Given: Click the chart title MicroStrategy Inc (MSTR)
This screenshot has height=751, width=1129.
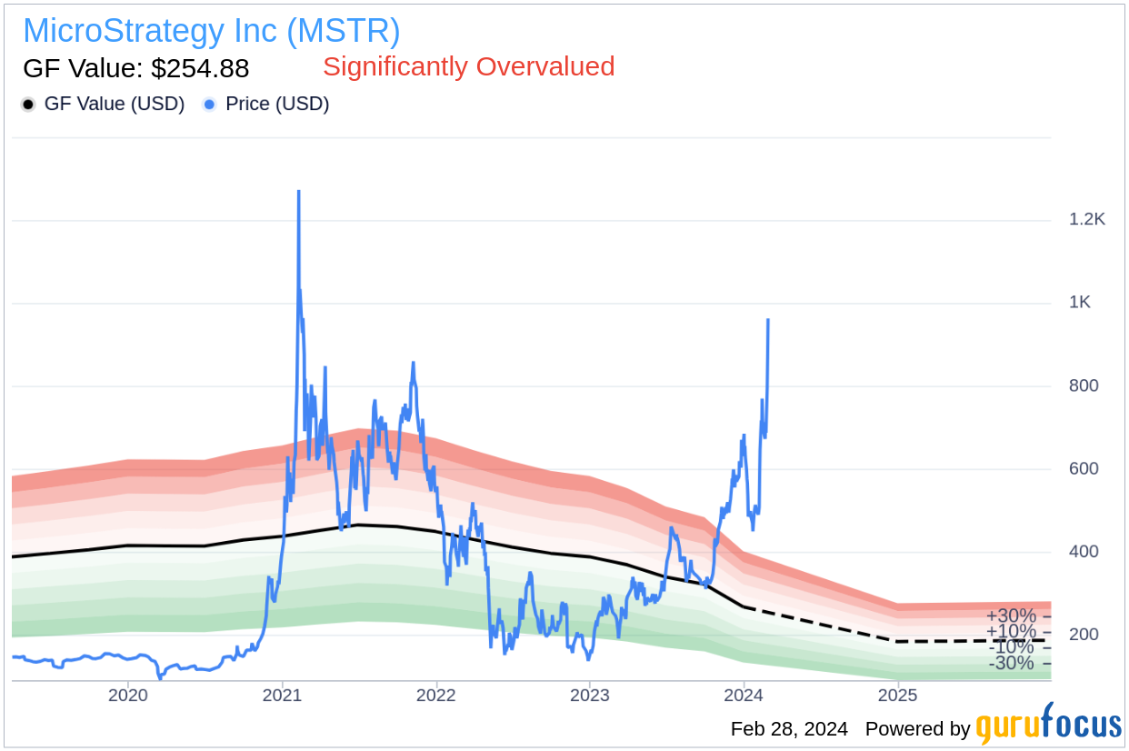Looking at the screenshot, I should click(x=211, y=31).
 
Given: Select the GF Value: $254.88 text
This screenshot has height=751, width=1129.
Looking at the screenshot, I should click(x=135, y=68).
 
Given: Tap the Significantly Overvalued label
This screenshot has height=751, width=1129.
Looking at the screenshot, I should click(x=468, y=66).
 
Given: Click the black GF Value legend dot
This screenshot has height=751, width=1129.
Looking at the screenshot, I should click(x=29, y=105).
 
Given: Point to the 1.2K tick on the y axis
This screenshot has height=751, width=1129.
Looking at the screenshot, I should click(x=1087, y=220).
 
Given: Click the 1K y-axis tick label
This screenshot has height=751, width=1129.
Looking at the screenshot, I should click(x=1080, y=303).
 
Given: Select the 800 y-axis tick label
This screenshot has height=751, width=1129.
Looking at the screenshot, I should click(x=1084, y=386).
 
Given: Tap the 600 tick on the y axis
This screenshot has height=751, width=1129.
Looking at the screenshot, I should click(x=1084, y=468).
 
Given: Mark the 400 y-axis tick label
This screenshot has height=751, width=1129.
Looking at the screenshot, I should click(x=1084, y=551).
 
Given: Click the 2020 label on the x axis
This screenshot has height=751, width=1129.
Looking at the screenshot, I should click(x=127, y=696).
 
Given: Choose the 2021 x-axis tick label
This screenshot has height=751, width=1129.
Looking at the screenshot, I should click(x=282, y=696).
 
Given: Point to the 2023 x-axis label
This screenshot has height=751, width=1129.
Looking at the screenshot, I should click(x=589, y=696).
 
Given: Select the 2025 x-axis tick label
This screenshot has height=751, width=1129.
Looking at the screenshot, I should click(x=898, y=696).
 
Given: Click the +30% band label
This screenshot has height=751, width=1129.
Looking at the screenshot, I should click(x=1011, y=616).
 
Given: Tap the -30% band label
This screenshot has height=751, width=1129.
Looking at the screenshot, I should click(x=1011, y=663).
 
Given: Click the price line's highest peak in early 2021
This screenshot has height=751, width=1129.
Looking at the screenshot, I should click(x=298, y=192).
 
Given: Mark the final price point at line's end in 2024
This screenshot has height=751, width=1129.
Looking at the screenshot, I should click(x=768, y=320).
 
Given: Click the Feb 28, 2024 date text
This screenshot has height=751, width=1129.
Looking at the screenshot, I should click(x=789, y=729).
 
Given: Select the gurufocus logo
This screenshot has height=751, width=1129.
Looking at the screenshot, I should click(x=1048, y=726).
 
